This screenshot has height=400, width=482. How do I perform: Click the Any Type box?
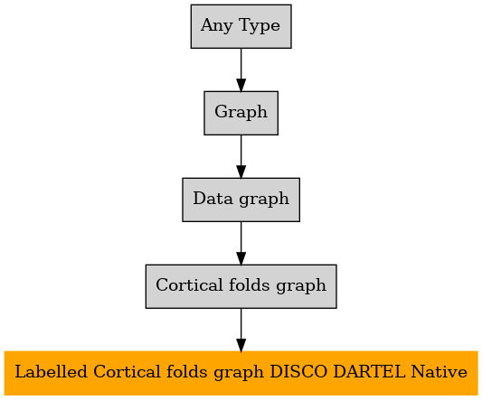[x=241, y=26]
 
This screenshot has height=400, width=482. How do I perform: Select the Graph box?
[x=241, y=113]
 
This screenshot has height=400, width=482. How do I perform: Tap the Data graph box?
[x=241, y=200]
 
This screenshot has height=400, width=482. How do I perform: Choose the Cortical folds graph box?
[x=241, y=286]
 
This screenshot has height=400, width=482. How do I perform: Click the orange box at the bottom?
[x=241, y=373]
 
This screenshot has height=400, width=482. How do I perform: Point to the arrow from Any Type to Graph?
[x=241, y=70]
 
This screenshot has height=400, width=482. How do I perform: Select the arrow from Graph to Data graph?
[x=241, y=156]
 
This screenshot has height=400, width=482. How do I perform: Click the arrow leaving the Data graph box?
[x=241, y=243]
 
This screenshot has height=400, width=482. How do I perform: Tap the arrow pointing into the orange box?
[x=241, y=330]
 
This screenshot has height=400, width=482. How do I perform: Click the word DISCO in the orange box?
[x=298, y=372]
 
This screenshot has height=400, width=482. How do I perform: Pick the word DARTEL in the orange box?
[x=369, y=372]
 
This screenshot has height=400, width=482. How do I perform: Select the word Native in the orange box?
[x=439, y=372]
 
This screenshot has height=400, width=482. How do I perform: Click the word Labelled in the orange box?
[x=51, y=372]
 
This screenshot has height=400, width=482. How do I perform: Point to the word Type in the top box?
[x=260, y=26]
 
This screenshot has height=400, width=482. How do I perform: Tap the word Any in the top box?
[x=217, y=26]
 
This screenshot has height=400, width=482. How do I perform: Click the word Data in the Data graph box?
[x=213, y=199]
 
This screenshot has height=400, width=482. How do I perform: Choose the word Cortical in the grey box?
[x=189, y=285]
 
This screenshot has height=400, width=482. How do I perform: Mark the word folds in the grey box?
[x=249, y=285]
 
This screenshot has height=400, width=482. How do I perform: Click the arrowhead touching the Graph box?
[x=241, y=85]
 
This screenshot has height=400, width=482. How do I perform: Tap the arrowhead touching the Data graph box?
[x=241, y=172]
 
